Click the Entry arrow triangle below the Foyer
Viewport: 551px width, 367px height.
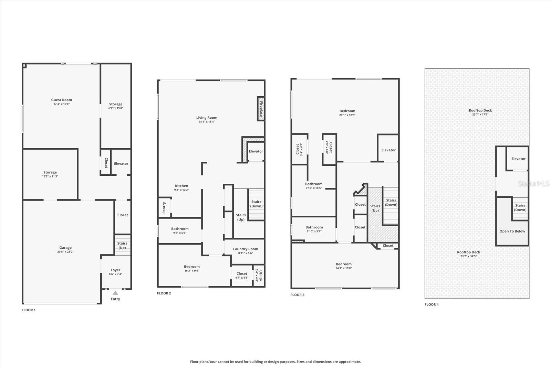click(x=115, y=293)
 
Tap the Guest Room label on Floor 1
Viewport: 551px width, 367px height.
click(x=62, y=100)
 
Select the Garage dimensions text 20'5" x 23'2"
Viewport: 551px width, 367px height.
click(x=65, y=252)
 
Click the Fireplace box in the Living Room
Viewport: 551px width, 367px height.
click(x=261, y=109)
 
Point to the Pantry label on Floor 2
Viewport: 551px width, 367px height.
click(x=164, y=207)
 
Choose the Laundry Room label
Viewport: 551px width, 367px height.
click(x=245, y=249)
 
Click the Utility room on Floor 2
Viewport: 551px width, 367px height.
click(x=259, y=275)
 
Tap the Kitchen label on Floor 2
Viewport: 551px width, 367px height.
click(x=181, y=186)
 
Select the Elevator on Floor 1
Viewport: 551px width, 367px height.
click(x=121, y=164)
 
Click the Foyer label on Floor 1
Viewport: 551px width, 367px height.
click(x=115, y=270)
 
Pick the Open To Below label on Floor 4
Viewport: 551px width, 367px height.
click(x=512, y=231)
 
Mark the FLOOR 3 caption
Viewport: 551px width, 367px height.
click(x=297, y=295)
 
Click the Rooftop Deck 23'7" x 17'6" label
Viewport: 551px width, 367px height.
click(x=480, y=112)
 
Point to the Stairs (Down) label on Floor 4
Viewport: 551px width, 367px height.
click(x=520, y=208)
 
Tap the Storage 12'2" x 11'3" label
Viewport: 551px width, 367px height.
click(x=50, y=174)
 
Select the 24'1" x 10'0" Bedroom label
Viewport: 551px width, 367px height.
click(x=344, y=266)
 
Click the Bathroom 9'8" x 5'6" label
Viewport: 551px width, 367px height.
click(x=180, y=231)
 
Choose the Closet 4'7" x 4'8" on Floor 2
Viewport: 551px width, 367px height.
click(x=242, y=276)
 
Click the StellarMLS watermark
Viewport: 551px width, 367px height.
click(x=534, y=184)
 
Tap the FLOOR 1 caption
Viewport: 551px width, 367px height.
click(x=29, y=310)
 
